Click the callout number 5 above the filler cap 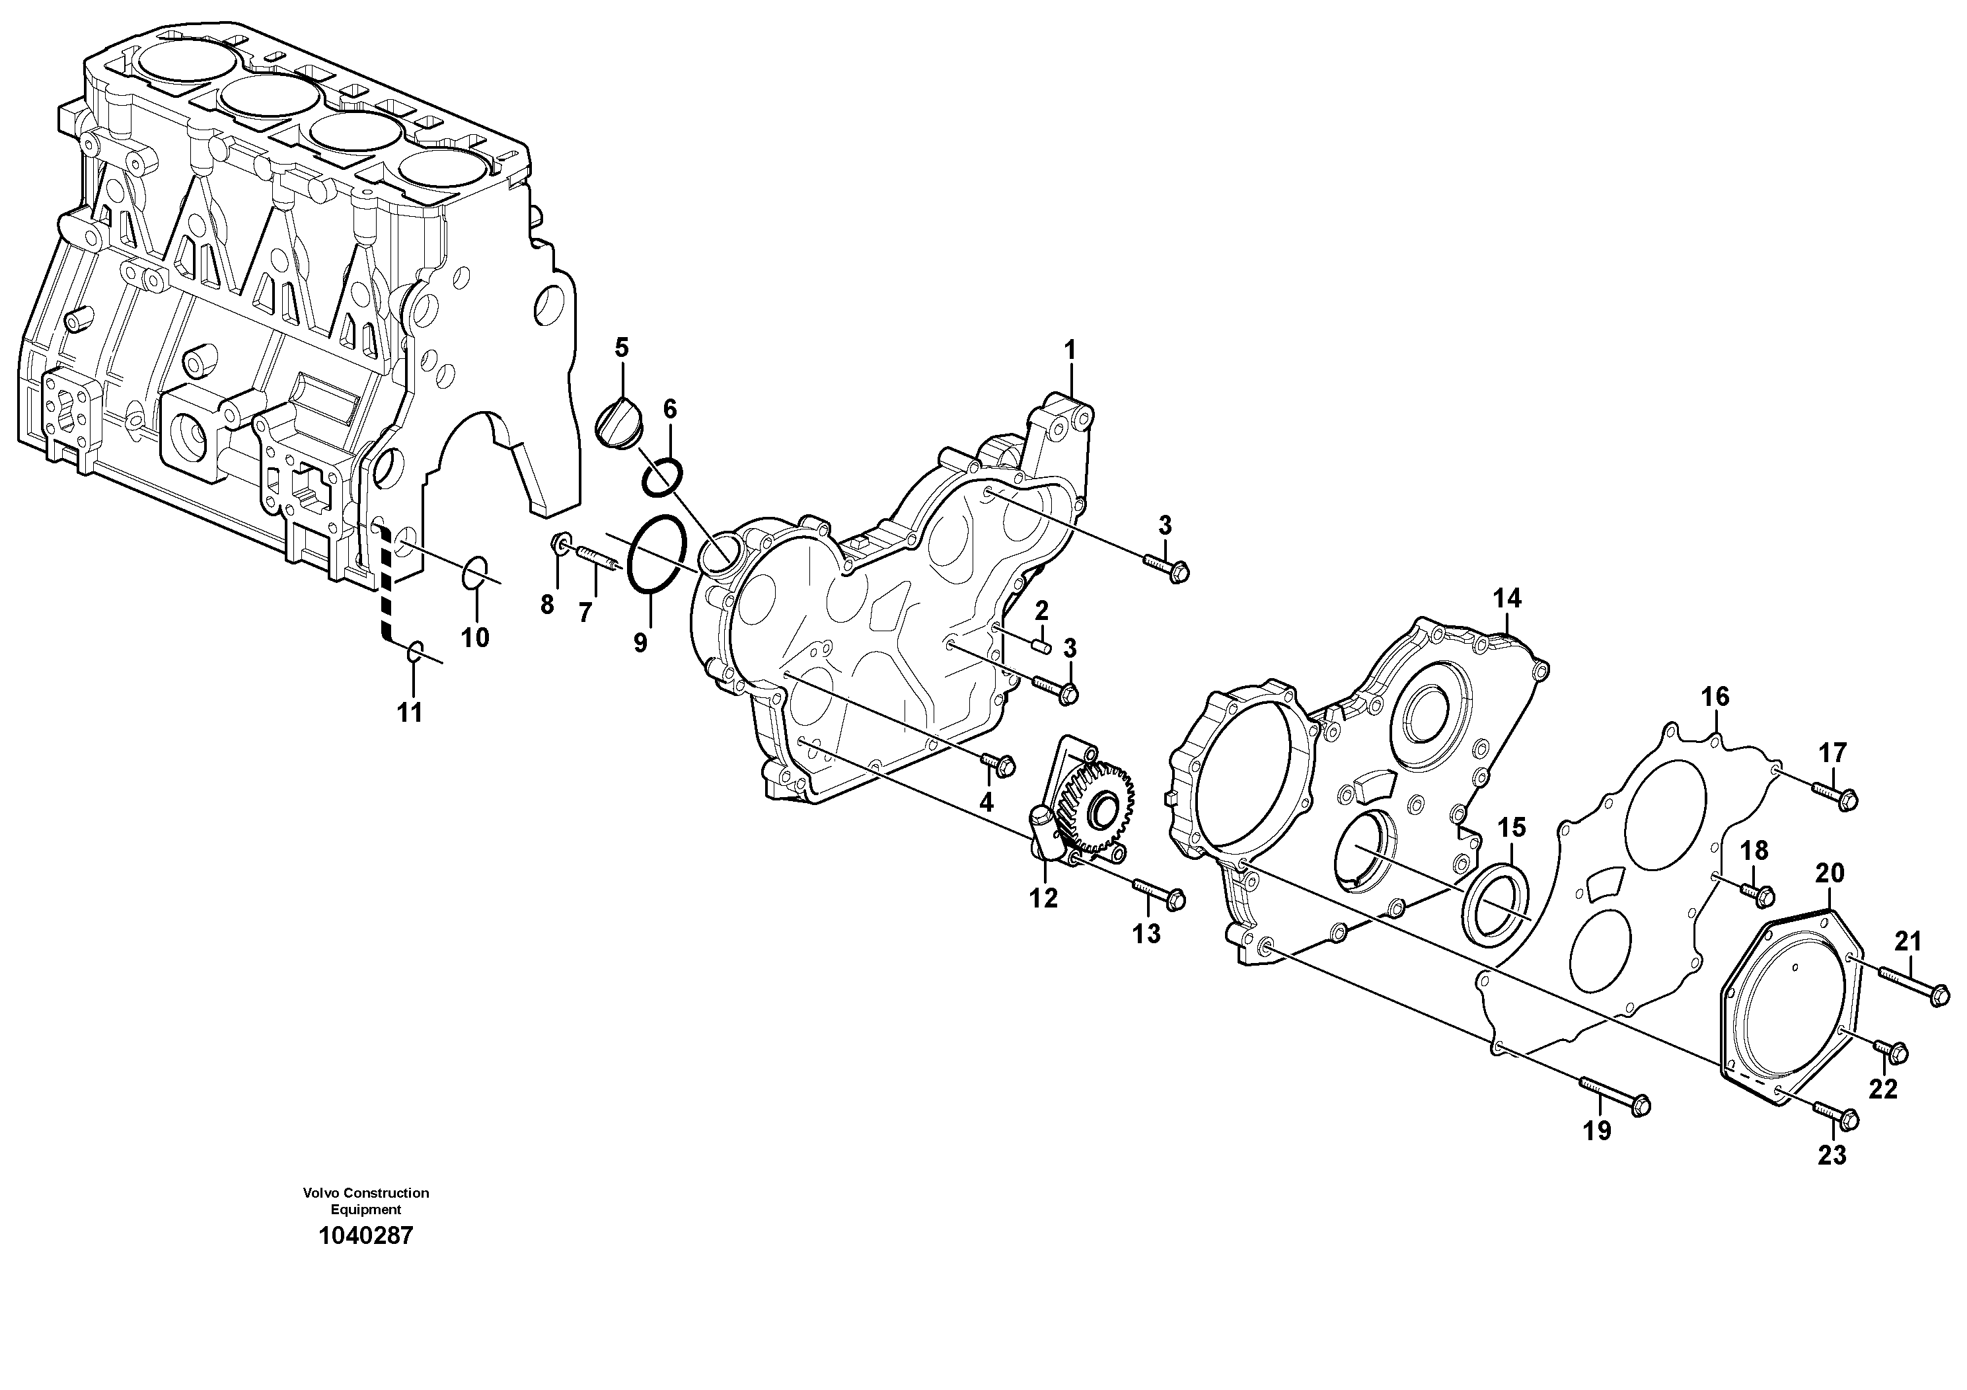click(621, 347)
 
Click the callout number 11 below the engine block click(410, 712)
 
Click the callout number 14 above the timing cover click(1508, 598)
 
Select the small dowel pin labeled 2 click(1043, 645)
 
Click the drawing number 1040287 click(366, 1236)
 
